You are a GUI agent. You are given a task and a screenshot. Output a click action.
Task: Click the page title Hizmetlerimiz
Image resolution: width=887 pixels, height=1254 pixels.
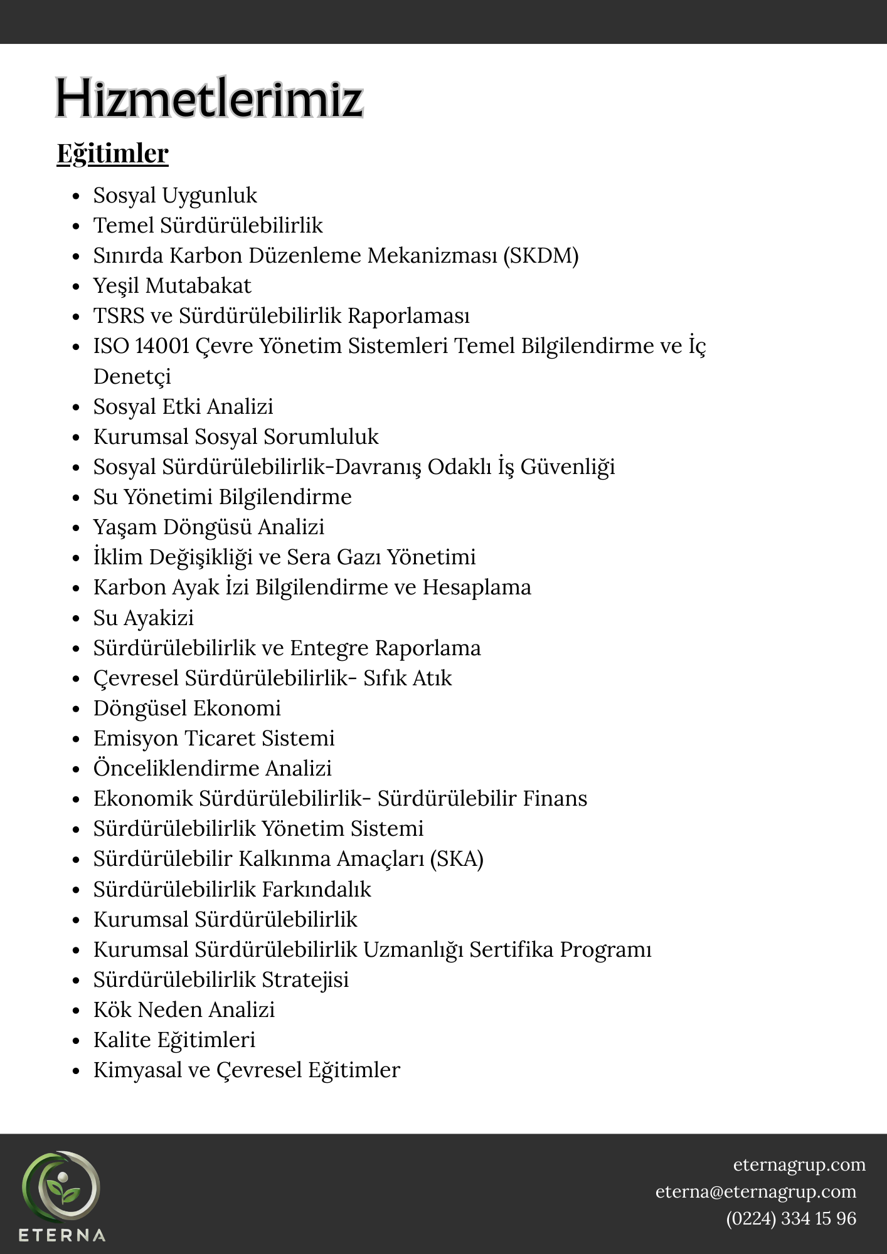tap(210, 98)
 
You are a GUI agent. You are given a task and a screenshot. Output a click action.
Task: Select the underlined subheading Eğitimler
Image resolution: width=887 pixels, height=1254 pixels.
tap(113, 154)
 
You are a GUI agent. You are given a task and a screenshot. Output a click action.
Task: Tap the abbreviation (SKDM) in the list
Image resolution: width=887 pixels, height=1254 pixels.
tap(541, 256)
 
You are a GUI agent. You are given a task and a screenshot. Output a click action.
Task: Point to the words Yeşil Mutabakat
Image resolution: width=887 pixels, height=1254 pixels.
tap(172, 286)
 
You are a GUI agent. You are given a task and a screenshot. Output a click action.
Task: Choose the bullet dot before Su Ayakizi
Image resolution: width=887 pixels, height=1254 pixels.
tap(77, 619)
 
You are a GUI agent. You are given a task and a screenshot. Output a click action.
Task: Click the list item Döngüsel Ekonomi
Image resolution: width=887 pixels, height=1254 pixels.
tap(187, 709)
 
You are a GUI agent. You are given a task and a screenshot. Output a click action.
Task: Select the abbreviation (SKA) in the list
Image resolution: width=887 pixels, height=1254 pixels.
tap(456, 859)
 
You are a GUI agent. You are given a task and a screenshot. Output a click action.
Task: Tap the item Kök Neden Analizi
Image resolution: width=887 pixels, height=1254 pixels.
tap(184, 1010)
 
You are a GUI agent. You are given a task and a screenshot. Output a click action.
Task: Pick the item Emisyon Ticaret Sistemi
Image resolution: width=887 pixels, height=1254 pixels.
tap(214, 739)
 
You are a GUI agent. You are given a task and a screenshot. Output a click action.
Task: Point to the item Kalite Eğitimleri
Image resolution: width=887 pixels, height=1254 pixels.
tap(174, 1040)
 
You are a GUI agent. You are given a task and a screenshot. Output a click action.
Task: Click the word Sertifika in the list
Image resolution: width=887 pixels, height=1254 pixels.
tap(511, 950)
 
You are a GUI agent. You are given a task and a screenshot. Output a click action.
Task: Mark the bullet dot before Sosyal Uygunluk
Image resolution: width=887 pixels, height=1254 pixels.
tap(77, 196)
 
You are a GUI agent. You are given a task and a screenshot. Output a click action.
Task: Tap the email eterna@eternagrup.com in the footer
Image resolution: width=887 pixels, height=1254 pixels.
tap(756, 1191)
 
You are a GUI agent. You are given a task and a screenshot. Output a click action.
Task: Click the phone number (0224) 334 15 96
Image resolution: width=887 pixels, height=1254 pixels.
tap(791, 1218)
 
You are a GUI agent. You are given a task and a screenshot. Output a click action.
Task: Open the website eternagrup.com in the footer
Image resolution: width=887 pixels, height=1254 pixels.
tap(799, 1164)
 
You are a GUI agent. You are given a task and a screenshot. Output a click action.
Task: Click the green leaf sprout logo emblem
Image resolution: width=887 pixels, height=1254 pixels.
tap(61, 1189)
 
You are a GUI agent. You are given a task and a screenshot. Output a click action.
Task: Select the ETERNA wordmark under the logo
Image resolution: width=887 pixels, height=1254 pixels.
tap(61, 1236)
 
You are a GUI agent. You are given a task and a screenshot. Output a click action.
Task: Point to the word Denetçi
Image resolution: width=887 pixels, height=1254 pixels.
tap(132, 377)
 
